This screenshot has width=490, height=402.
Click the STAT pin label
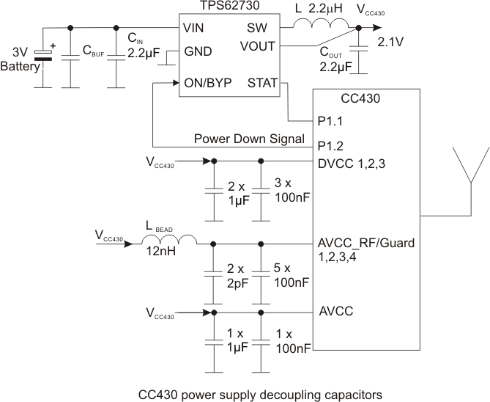[262, 83]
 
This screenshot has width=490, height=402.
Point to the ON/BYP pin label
[207, 83]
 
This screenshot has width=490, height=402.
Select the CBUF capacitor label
[94, 54]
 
